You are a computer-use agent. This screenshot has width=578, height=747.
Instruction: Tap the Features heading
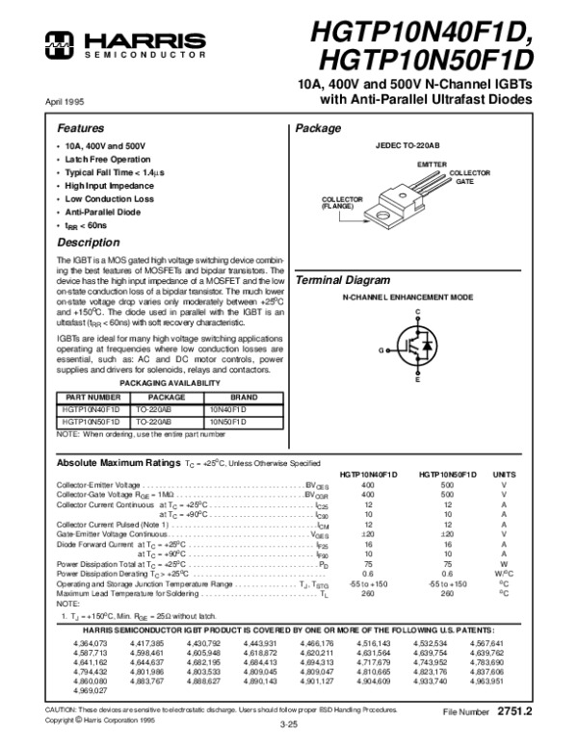[x=79, y=128]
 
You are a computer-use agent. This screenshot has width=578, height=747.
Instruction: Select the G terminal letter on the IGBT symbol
[x=381, y=348]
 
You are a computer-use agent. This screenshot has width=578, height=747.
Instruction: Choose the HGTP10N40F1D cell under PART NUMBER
[x=92, y=409]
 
